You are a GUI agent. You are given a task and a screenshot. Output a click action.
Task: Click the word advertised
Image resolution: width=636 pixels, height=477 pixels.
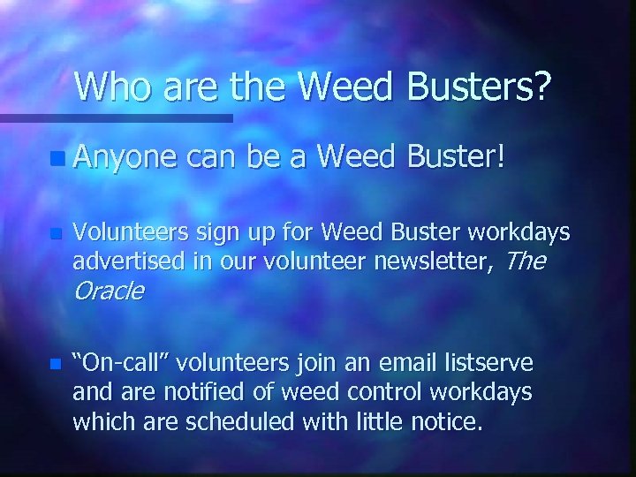click(121, 261)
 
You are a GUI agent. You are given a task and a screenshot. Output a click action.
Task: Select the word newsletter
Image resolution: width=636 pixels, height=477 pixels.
click(422, 261)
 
